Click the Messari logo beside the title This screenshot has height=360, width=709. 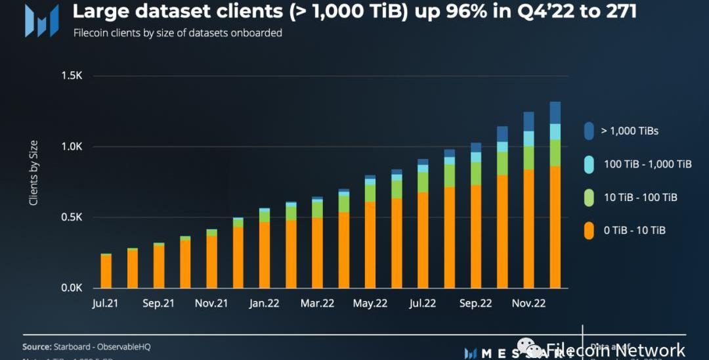click(41, 20)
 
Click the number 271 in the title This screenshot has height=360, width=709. click(616, 11)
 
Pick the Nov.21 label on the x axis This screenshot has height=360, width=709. click(211, 304)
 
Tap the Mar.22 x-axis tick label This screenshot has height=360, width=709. click(318, 304)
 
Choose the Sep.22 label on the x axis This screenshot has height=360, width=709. click(475, 304)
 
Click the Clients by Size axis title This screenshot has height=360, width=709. click(33, 173)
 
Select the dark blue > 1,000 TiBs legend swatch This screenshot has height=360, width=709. click(588, 131)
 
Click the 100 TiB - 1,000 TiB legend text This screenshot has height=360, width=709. click(647, 164)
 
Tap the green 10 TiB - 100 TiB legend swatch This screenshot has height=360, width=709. click(588, 197)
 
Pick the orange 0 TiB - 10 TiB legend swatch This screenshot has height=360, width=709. click(588, 230)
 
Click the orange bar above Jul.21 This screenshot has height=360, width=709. click(106, 271)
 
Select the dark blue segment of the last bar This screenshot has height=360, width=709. click(555, 112)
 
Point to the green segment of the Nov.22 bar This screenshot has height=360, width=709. click(528, 158)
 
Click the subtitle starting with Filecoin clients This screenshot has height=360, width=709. click(177, 33)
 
